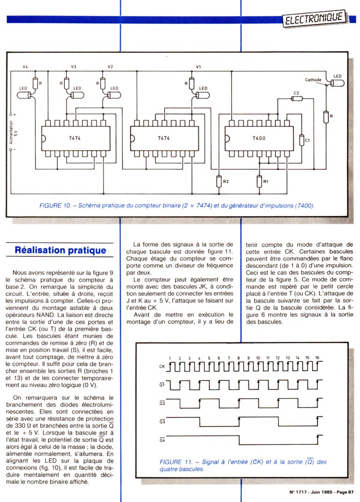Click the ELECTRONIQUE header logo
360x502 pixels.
click(x=315, y=19)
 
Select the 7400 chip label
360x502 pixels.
click(x=258, y=138)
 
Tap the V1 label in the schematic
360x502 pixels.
click(x=198, y=67)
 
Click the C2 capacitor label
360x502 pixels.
click(x=296, y=93)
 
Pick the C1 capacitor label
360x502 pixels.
click(x=307, y=140)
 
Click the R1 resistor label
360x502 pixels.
click(x=266, y=181)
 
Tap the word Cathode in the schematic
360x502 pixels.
click(x=313, y=80)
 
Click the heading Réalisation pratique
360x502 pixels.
click(x=60, y=250)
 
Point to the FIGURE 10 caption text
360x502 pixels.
click(x=177, y=205)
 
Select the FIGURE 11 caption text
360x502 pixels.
click(x=243, y=465)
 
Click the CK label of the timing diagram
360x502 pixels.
click(x=162, y=367)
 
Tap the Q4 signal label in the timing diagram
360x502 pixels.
click(x=162, y=440)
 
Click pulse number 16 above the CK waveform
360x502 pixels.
click(x=317, y=358)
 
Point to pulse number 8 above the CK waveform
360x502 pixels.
click(x=239, y=358)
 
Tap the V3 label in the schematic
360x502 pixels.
click(x=74, y=67)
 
